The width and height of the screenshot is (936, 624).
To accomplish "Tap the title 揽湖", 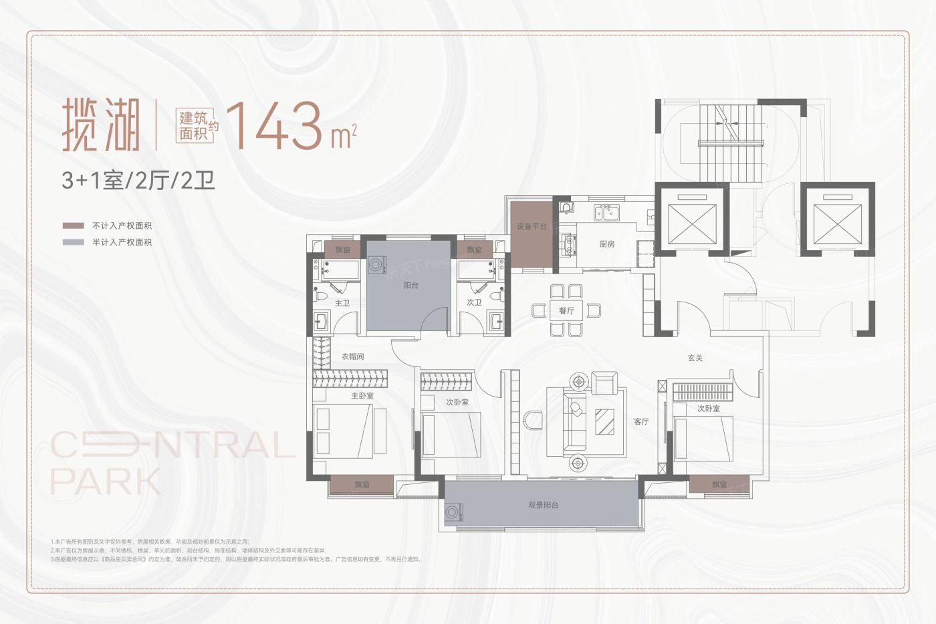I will point(102,126).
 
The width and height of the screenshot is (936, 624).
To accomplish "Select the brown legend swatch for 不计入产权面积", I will point(73,226).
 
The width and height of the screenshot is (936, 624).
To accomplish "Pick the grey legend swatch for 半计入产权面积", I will point(73,242).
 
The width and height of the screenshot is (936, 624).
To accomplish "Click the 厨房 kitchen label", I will point(607,244).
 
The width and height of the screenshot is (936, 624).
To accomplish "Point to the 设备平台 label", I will point(532,227).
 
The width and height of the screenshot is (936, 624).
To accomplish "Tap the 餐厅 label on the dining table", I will point(566,311).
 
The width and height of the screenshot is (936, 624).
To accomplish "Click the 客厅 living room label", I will point(641,421).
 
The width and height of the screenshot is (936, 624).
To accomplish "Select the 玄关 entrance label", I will point(695,358).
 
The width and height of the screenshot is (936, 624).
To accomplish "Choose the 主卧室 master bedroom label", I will point(362,396).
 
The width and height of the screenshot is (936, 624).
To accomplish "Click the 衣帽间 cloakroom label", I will point(352,356).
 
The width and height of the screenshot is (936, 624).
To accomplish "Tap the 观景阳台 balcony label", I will point(543,505).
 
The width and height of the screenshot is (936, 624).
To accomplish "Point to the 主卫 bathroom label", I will point(342,303).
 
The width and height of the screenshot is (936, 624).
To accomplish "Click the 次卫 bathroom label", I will point(474,303).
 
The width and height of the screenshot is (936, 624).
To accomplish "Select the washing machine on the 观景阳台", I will point(455,513).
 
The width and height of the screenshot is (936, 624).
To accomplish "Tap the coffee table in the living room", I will point(605,421).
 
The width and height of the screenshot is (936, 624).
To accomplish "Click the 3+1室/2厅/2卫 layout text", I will point(138,181).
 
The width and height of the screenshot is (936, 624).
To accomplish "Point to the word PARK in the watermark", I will point(106,482).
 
